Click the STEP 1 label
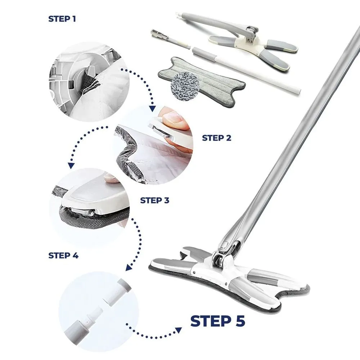coord(62,19)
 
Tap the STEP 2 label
coord(216,138)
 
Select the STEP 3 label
coord(154,201)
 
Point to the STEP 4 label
coord(63,255)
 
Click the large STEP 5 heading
coord(218,321)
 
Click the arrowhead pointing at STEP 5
coord(179,330)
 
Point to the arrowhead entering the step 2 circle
coord(152,108)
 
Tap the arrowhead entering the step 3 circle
coord(71,165)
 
